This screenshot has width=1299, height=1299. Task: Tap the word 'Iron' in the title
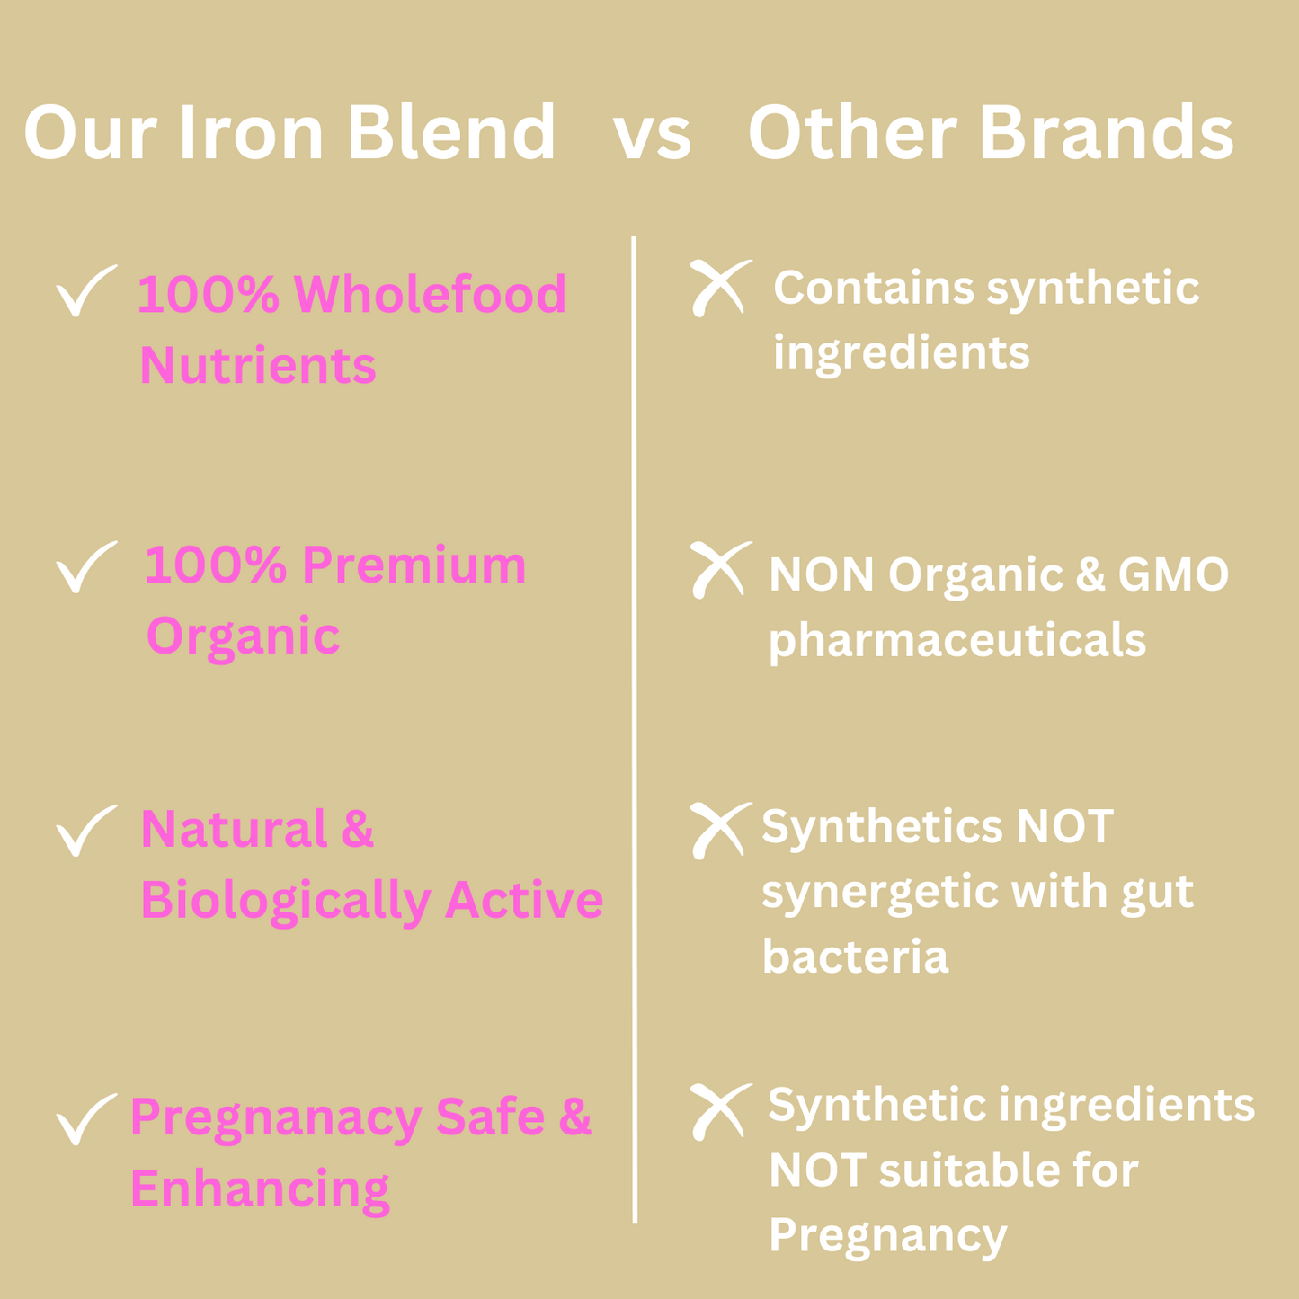tap(251, 133)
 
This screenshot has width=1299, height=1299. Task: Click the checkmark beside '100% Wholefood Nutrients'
tap(85, 291)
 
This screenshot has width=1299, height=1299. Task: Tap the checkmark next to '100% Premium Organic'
tap(85, 567)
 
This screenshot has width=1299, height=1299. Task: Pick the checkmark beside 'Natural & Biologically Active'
tap(85, 831)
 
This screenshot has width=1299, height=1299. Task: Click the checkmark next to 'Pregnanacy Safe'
tap(85, 1119)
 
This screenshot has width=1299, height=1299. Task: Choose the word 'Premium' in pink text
tap(413, 565)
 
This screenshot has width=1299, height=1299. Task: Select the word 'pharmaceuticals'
tap(957, 641)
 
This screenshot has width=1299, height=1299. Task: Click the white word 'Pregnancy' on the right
tap(887, 1235)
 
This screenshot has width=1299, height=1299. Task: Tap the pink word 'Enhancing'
tap(260, 1189)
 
